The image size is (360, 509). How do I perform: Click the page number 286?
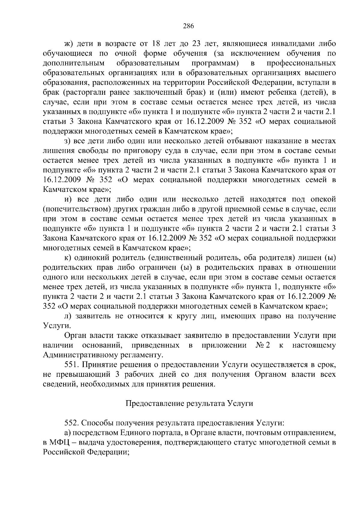[x=189, y=26]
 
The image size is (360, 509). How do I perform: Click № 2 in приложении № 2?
[x=263, y=345]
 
